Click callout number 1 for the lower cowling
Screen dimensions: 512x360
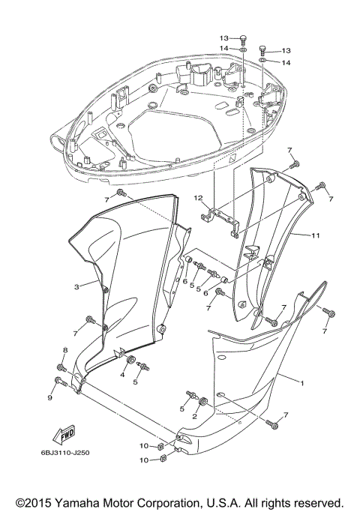[301, 383]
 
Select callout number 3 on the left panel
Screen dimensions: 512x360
[76, 286]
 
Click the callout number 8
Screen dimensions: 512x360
[64, 350]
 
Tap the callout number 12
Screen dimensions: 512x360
[199, 199]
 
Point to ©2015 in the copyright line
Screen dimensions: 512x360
[34, 502]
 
